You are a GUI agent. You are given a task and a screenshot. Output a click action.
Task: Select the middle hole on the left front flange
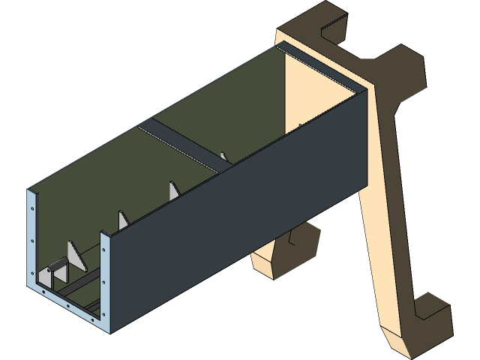coord(34,240)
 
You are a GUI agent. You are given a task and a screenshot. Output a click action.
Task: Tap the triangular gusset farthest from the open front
coord(173,190)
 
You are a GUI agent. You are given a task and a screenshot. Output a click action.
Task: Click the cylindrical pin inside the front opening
coord(57,266)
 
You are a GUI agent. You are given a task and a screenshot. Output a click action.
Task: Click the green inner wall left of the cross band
coord(90,180)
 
